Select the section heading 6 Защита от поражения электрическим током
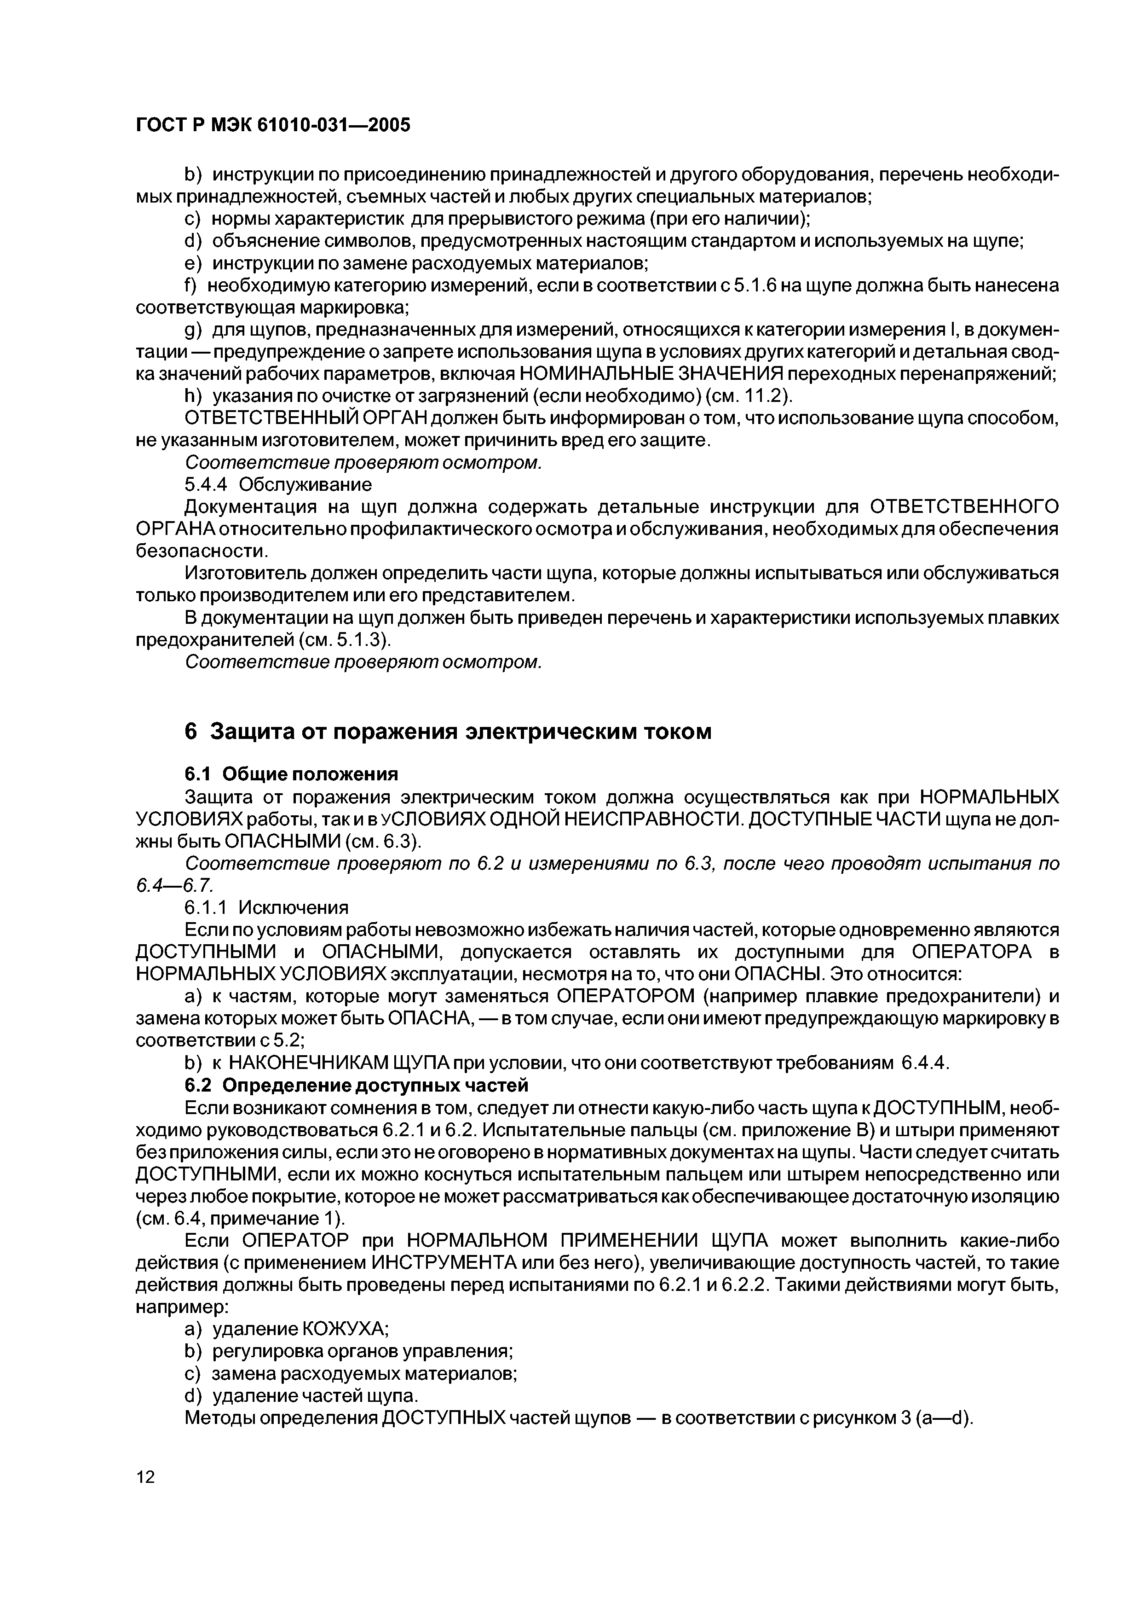[x=448, y=732]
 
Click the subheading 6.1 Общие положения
[x=291, y=774]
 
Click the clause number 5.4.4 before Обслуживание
[x=208, y=485]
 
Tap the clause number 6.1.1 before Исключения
[x=208, y=907]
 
